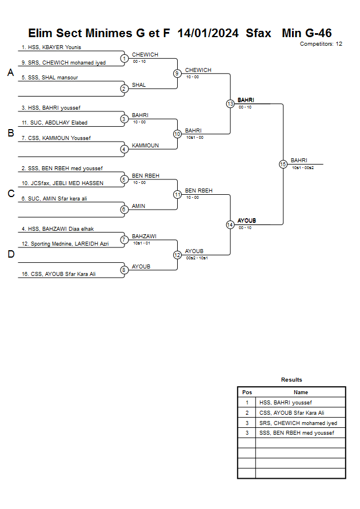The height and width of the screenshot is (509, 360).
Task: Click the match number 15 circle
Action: (x=283, y=164)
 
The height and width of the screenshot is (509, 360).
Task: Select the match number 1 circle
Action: (x=124, y=58)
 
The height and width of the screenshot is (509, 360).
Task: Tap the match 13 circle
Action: (x=230, y=104)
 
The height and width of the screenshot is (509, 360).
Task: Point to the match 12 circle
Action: (x=177, y=255)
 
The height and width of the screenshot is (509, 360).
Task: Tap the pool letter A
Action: (x=10, y=73)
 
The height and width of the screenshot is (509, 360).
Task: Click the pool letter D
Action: (x=10, y=255)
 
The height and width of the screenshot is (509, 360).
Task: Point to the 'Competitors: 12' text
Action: (x=321, y=44)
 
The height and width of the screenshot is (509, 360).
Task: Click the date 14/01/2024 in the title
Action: (x=208, y=33)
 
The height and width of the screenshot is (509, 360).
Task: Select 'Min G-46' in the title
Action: (x=307, y=33)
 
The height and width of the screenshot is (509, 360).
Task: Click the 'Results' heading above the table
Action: (x=291, y=380)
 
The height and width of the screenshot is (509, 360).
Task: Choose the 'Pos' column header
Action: (x=247, y=392)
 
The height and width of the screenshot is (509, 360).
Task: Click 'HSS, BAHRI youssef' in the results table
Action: (x=286, y=403)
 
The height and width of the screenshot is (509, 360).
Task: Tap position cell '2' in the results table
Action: (x=247, y=413)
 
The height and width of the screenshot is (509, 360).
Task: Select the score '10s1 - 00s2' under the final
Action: (x=303, y=168)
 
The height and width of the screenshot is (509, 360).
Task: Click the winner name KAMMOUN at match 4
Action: (x=145, y=146)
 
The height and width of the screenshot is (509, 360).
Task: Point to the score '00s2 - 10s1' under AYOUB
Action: (x=196, y=258)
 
